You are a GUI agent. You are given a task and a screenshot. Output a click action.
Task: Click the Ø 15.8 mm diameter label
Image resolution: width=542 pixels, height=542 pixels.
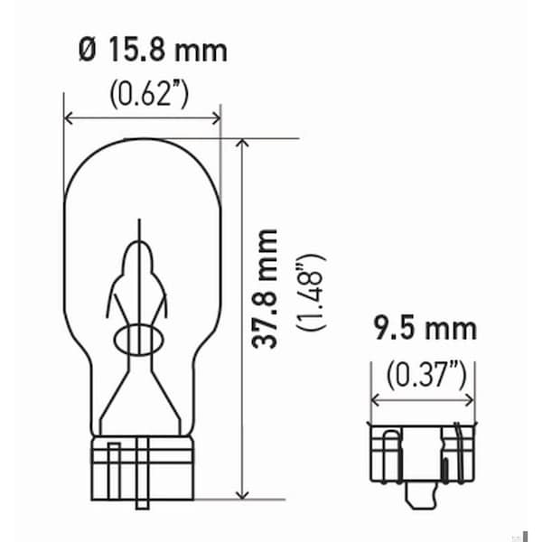pos(151,51)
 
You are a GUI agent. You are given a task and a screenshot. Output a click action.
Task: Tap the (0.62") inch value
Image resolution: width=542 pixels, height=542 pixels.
pos(150,93)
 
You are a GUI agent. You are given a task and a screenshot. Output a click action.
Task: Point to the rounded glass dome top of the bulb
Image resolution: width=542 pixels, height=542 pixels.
pos(141,149)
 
